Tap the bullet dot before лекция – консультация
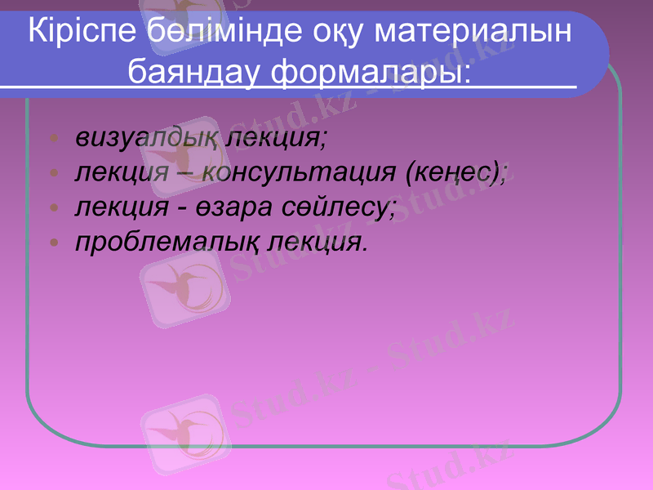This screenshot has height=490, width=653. pyautogui.click(x=53, y=173)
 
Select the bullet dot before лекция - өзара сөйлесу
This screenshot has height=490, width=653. pyautogui.click(x=53, y=208)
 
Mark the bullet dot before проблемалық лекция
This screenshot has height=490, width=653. pyautogui.click(x=53, y=243)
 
